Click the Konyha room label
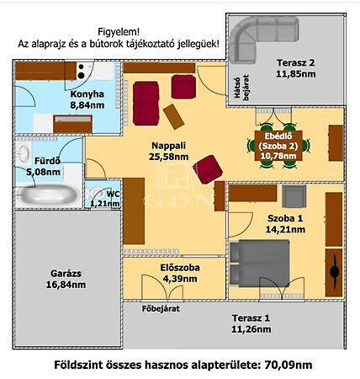pyautogui.click(x=87, y=94)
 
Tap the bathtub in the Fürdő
pyautogui.click(x=48, y=195)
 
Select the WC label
pyautogui.click(x=114, y=194)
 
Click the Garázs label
pyautogui.click(x=66, y=273)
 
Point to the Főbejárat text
pyautogui.click(x=161, y=309)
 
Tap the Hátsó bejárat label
pyautogui.click(x=241, y=88)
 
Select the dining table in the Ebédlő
pyautogui.click(x=278, y=146)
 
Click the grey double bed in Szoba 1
pyautogui.click(x=259, y=264)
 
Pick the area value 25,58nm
pyautogui.click(x=168, y=157)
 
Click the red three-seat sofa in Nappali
pyautogui.click(x=146, y=103)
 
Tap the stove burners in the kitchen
pyautogui.click(x=82, y=71)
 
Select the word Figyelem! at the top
pyautogui.click(x=119, y=31)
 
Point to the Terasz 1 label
pyautogui.click(x=251, y=318)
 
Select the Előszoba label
pyautogui.click(x=180, y=268)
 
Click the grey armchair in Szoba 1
pyautogui.click(x=294, y=196)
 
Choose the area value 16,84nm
pyautogui.click(x=66, y=285)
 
